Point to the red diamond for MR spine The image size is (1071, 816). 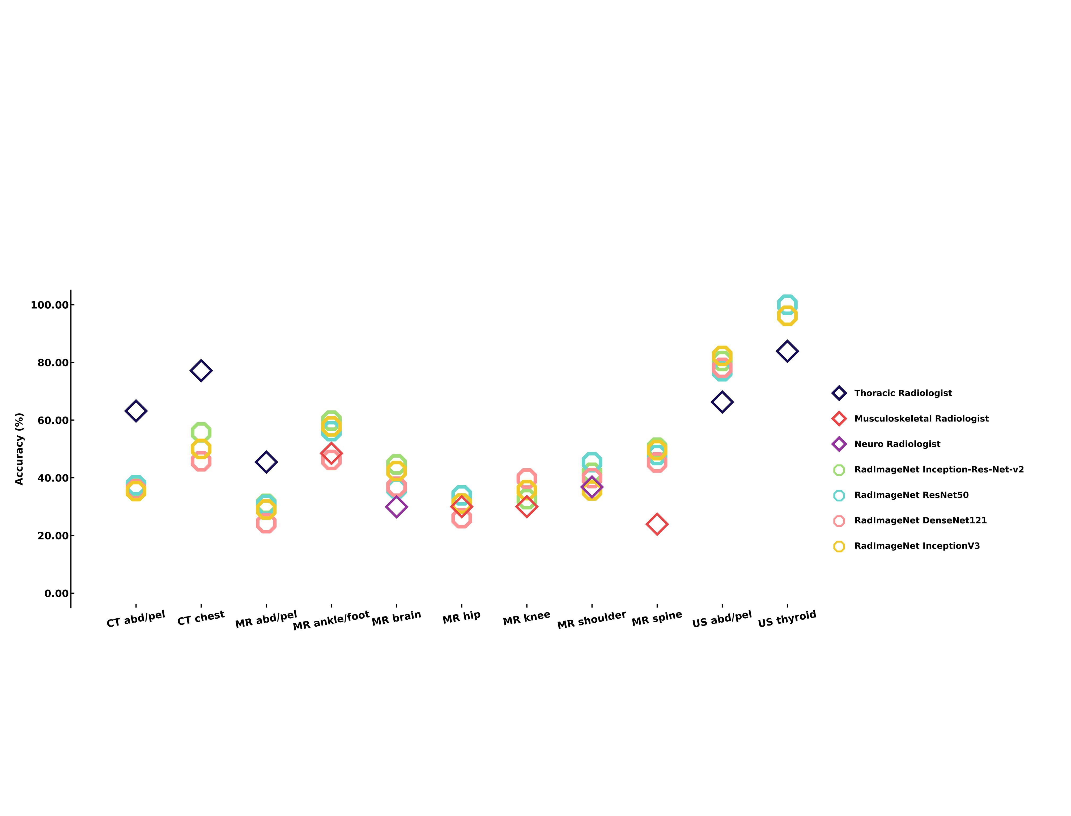[657, 524]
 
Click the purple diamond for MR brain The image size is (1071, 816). [396, 507]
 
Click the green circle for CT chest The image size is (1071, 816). [201, 432]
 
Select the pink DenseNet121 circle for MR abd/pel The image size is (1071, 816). [266, 523]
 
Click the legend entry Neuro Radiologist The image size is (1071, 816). [897, 444]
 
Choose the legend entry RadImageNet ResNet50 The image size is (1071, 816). [911, 495]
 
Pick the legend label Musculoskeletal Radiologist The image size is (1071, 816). [921, 419]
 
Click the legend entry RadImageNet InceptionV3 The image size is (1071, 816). [917, 546]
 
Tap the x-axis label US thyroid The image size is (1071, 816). [787, 619]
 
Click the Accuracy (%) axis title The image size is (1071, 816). [19, 449]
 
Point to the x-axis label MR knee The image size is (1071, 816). [526, 618]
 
